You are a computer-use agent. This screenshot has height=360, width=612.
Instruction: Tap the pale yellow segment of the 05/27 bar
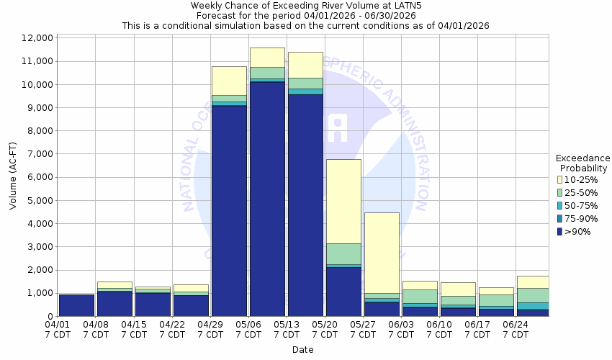[382, 253]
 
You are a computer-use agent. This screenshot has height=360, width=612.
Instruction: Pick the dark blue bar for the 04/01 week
[76, 305]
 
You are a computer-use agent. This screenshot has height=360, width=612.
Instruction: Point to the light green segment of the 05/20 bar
[343, 253]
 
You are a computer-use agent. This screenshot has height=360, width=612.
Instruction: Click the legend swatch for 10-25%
[559, 179]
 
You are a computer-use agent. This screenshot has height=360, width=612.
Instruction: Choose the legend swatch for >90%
[559, 231]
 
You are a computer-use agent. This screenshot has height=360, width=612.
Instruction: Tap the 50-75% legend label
[582, 205]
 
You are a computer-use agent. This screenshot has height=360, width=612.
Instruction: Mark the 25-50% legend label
[582, 192]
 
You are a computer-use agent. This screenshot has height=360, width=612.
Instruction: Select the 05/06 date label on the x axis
[248, 329]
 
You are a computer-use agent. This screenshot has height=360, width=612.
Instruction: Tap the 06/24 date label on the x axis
[516, 329]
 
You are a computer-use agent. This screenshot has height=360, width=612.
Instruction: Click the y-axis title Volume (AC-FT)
[13, 177]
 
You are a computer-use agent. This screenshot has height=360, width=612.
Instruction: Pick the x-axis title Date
[302, 350]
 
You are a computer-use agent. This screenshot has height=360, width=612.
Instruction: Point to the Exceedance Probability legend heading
[582, 163]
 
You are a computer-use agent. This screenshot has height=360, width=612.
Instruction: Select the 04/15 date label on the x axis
[134, 329]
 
